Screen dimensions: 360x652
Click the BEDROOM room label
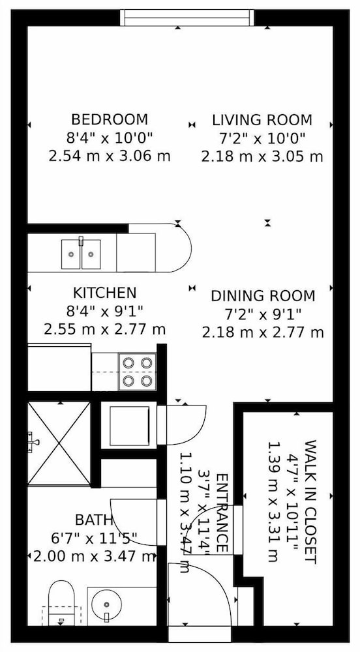pos(110,120)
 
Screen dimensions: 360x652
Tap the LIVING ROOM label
pos(262,120)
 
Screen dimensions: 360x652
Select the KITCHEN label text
pos(105,293)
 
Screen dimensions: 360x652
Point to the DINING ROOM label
pos(263,296)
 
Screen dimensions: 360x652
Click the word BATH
pos(94,520)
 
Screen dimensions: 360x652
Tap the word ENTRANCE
pos(222,513)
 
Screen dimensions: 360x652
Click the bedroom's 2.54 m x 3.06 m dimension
pos(110,156)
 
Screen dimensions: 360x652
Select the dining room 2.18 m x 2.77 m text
pos(263,333)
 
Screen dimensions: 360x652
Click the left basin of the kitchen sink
pos(71,254)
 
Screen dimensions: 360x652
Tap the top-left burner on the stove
pos(128,363)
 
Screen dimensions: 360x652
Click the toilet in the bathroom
pos(61,603)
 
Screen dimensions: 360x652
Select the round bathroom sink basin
pos(106,604)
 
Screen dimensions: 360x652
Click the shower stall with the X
pos(59,443)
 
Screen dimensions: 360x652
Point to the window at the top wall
pos(187,18)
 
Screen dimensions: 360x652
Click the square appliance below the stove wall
pos(129,425)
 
